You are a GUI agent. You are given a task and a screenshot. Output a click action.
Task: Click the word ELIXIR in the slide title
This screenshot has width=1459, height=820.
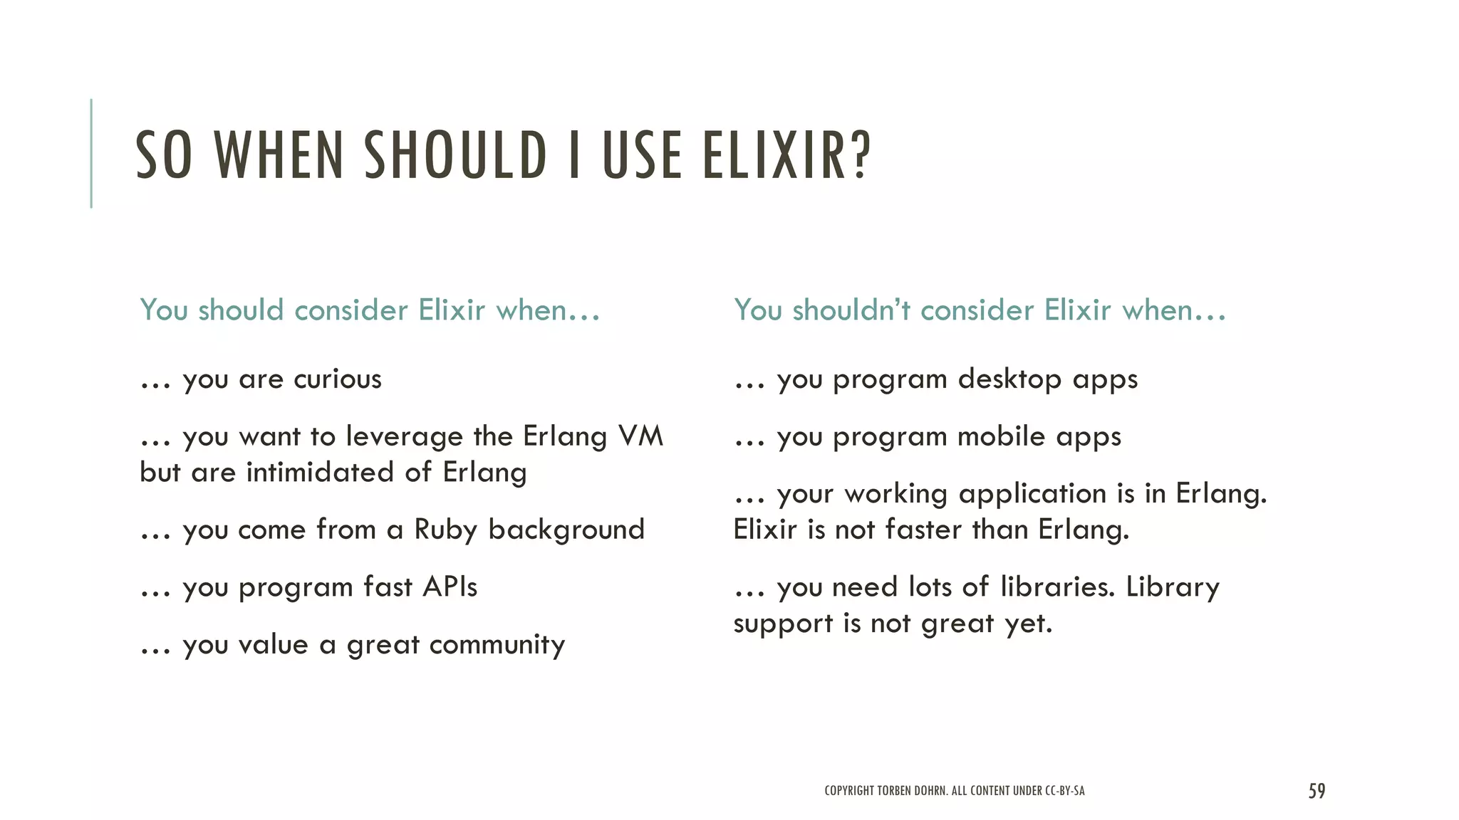[x=786, y=155]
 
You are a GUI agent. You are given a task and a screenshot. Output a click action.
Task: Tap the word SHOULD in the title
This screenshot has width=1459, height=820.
[x=455, y=155]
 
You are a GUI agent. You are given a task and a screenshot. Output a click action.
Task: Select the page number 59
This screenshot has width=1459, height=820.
[x=1317, y=791]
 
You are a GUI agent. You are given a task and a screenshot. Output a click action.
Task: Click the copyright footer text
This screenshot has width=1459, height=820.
[x=954, y=791]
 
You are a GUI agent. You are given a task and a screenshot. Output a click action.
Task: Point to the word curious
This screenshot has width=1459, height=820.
[x=337, y=379]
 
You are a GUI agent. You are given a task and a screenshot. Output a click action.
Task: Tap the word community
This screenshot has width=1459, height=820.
[x=497, y=645]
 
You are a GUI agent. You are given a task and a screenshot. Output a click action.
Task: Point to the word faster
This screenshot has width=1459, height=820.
[x=923, y=530]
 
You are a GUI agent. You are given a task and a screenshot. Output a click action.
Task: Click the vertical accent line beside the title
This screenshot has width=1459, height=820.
[x=91, y=153]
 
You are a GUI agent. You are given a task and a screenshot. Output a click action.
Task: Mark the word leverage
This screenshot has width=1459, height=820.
[x=404, y=437]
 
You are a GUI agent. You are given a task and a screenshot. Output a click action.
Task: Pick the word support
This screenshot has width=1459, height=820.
[x=783, y=624]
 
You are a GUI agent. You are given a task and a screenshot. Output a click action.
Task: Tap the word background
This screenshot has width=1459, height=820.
[x=566, y=530]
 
